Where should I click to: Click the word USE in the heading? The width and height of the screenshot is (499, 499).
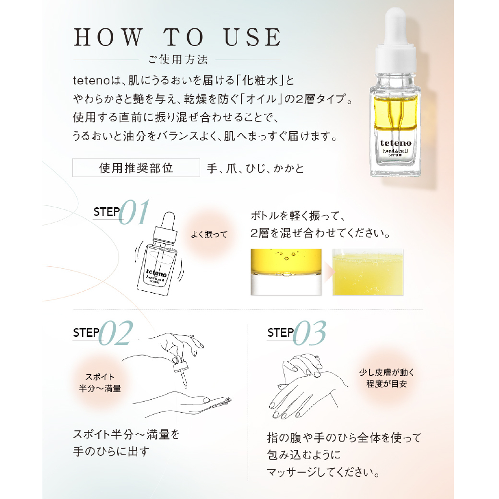click(252, 37)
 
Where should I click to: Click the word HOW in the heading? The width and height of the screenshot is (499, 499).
click(108, 37)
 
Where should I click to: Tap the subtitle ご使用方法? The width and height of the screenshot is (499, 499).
click(178, 59)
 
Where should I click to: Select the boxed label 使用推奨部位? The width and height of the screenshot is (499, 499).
click(136, 168)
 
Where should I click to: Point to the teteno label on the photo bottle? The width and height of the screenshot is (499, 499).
click(395, 148)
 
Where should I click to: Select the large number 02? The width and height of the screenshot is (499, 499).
click(116, 333)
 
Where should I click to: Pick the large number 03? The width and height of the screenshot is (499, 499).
click(309, 333)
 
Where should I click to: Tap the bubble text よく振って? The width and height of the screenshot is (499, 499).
click(209, 235)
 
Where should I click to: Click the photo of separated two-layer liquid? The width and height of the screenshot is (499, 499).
click(286, 272)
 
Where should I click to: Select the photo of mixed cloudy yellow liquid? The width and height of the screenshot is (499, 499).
click(368, 272)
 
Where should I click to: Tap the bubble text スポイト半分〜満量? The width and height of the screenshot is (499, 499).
click(100, 382)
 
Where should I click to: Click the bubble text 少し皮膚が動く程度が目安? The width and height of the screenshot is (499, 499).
click(386, 378)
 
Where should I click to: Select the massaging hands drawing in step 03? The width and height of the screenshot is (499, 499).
click(308, 387)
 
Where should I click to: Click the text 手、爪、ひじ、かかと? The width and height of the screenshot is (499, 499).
click(256, 168)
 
